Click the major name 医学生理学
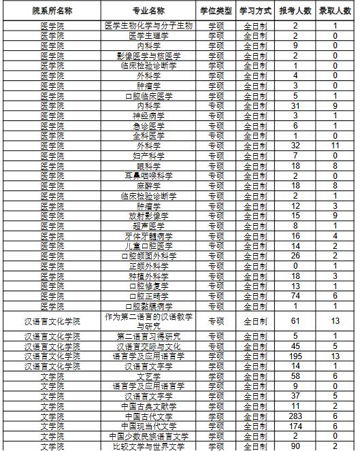point(147,35)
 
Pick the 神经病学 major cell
point(147,116)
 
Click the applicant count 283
point(295,416)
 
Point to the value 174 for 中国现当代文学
point(295,426)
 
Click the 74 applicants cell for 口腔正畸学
point(295,297)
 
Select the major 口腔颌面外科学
point(147,256)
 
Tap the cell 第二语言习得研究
point(147,336)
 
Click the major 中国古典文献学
point(147,406)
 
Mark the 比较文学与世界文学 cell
point(147,446)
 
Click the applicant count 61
point(295,321)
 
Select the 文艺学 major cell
point(147,375)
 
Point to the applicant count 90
point(295,446)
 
